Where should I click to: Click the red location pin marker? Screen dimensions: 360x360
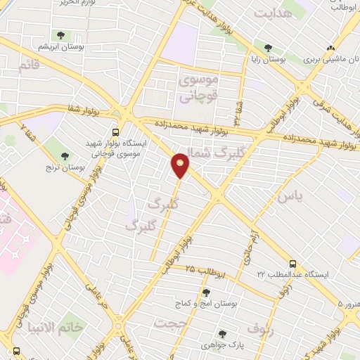coord(181,165)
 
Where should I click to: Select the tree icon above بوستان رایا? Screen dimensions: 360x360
coord(268,48)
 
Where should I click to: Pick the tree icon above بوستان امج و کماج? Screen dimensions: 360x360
coord(205,292)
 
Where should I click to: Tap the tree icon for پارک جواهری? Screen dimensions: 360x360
coord(222,334)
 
